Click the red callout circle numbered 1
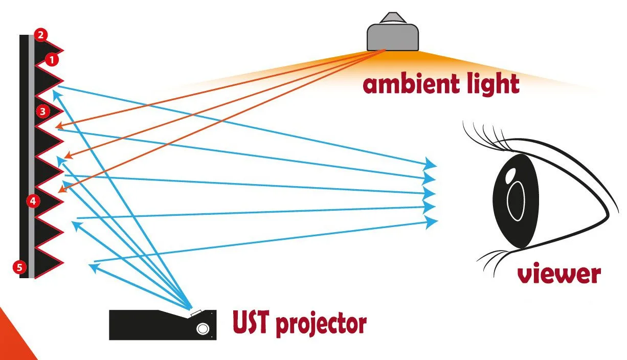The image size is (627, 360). point(52,60)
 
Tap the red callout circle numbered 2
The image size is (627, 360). point(41,35)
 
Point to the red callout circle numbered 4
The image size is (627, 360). point(33,201)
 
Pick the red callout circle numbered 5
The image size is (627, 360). point(19,266)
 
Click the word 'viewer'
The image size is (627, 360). point(558,274)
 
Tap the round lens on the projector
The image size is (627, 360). point(203,328)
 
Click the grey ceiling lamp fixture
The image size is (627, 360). point(393,35)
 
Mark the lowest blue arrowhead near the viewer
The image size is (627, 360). point(432,221)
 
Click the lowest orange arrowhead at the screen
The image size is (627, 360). point(61,191)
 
